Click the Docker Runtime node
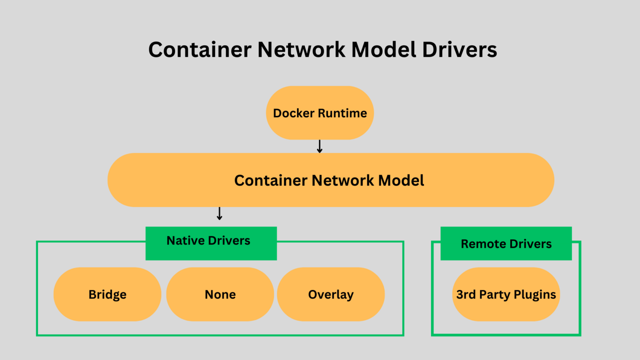tap(320, 113)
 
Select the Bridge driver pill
tap(107, 294)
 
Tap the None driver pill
tap(220, 294)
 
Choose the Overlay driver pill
tap(331, 294)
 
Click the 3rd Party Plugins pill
tap(506, 294)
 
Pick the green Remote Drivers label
tap(506, 244)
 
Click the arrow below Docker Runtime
tap(320, 146)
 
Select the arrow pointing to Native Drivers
tap(219, 213)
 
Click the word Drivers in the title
tap(460, 49)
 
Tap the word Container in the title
tap(200, 49)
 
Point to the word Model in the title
tap(384, 49)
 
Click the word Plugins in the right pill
tap(535, 295)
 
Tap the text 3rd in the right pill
tap(465, 294)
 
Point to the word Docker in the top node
tap(294, 113)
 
